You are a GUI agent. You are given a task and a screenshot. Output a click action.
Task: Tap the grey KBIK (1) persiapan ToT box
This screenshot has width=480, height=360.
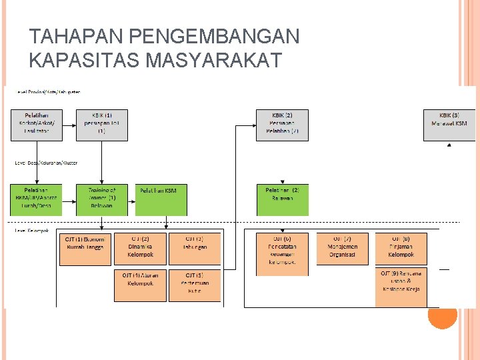pyautogui.click(x=101, y=125)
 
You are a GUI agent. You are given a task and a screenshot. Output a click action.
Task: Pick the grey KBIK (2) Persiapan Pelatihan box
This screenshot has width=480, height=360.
pyautogui.click(x=282, y=125)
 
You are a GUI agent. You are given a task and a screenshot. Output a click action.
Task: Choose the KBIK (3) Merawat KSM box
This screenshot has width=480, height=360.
pyautogui.click(x=449, y=125)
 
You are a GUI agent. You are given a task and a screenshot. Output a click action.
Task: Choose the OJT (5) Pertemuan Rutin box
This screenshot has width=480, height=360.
pyautogui.click(x=194, y=285)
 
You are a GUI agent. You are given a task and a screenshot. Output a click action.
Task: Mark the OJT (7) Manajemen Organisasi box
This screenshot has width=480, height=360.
pyautogui.click(x=342, y=248)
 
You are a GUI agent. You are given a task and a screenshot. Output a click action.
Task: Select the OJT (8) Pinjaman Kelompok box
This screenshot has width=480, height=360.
pyautogui.click(x=401, y=248)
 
